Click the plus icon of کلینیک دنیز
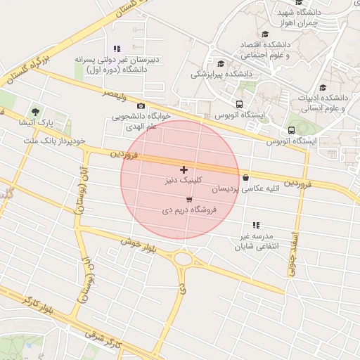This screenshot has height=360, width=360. (x=184, y=169)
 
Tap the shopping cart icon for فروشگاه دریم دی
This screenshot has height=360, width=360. (x=188, y=200)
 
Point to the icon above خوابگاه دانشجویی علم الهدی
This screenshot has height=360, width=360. (x=141, y=105)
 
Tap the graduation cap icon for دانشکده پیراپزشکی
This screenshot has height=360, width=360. (x=221, y=63)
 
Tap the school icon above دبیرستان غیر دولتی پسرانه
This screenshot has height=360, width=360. (x=117, y=49)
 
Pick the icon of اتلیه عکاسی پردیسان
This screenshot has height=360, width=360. (x=245, y=178)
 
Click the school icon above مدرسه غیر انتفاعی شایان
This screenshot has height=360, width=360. (x=256, y=225)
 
